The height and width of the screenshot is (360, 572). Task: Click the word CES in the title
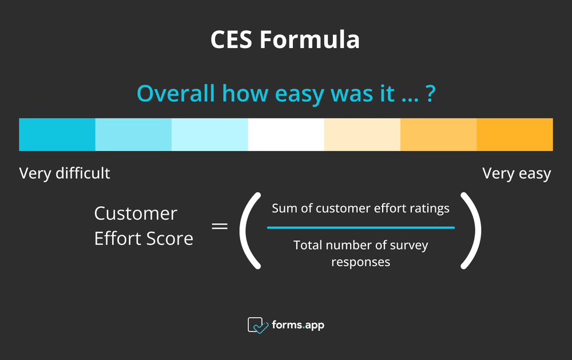(231, 41)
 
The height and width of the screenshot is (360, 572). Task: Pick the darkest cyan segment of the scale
(57, 134)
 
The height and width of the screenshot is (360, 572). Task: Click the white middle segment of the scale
(285, 134)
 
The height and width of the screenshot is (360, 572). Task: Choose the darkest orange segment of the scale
(515, 134)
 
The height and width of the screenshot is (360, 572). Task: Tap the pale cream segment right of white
(362, 134)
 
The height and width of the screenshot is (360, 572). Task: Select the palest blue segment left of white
(209, 134)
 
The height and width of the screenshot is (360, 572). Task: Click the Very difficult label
(65, 173)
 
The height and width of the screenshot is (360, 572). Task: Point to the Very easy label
(517, 173)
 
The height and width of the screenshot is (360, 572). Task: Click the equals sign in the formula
(220, 226)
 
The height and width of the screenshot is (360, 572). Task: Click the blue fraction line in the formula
(360, 228)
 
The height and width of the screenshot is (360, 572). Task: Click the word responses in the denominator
(360, 262)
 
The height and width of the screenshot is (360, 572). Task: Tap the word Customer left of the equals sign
(136, 213)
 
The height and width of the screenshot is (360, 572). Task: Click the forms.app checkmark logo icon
(258, 325)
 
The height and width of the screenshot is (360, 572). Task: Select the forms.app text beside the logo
(298, 325)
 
